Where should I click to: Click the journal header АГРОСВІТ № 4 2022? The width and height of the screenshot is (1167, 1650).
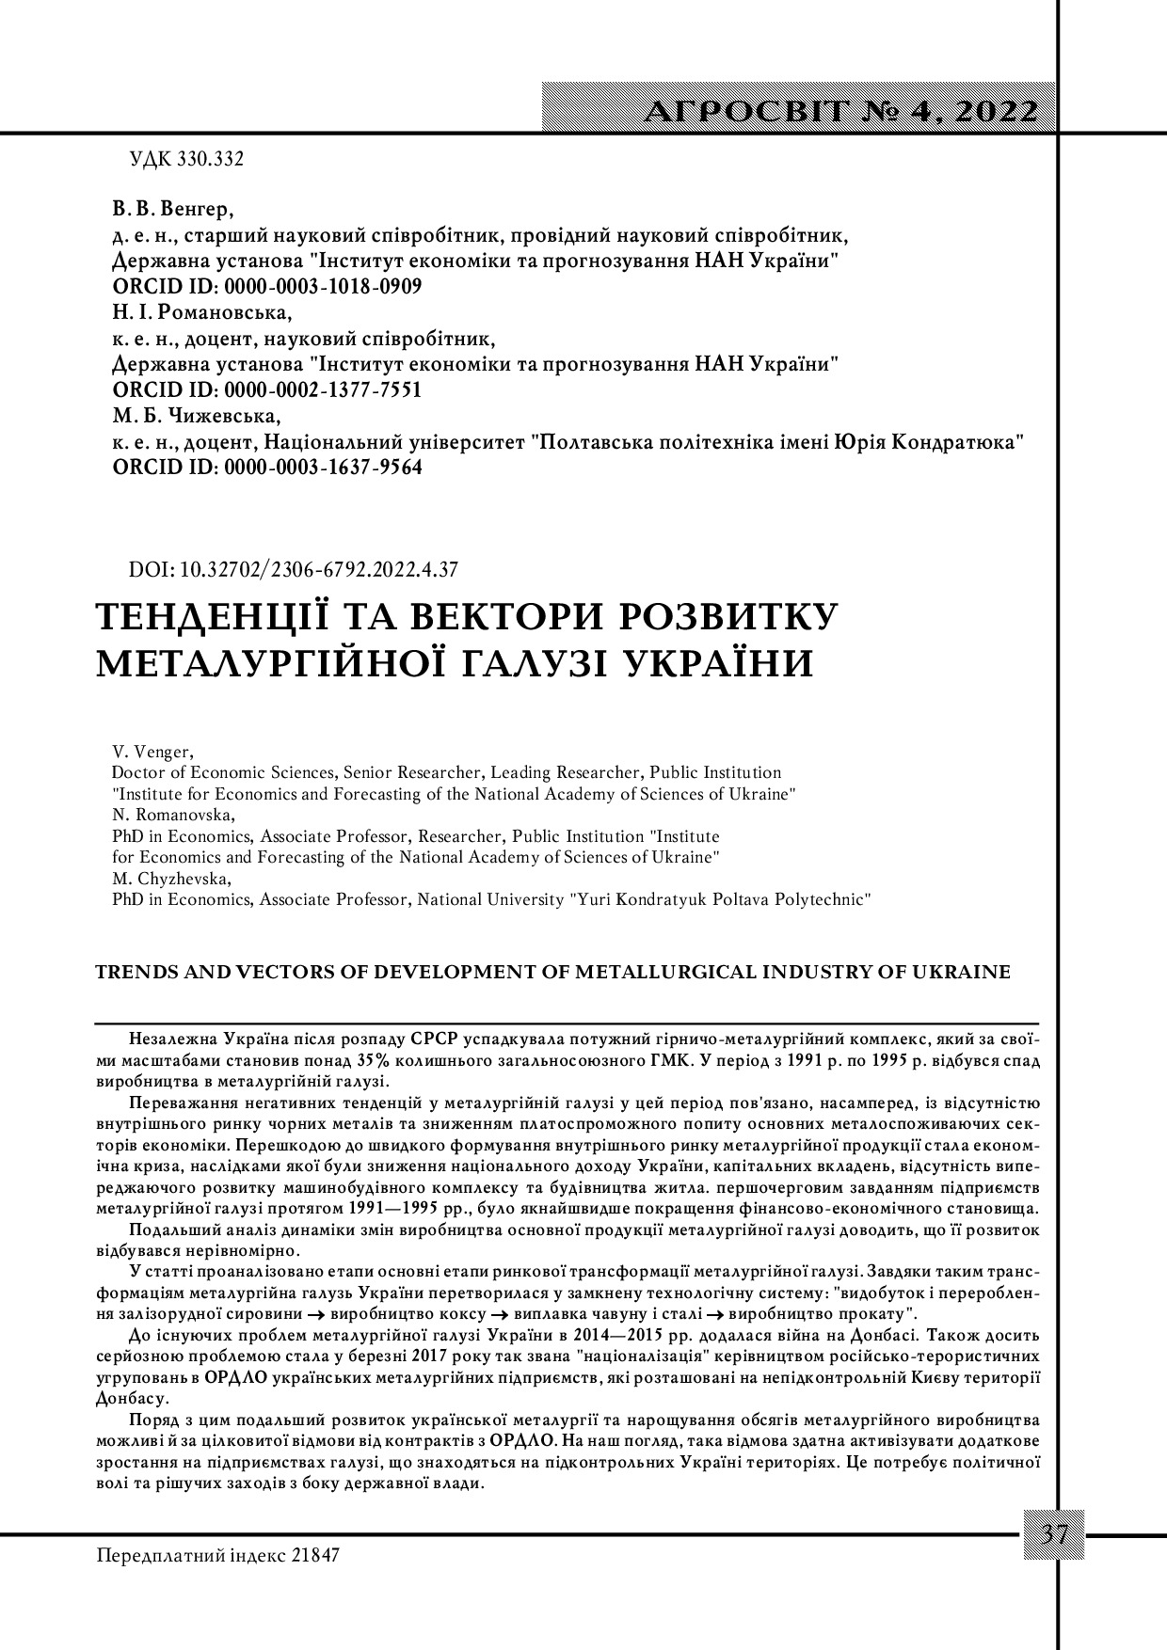click(841, 111)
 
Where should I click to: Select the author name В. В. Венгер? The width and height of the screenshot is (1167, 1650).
click(172, 208)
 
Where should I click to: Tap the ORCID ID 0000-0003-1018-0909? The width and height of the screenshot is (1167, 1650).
click(322, 287)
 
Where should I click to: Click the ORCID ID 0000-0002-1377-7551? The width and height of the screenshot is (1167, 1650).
click(322, 390)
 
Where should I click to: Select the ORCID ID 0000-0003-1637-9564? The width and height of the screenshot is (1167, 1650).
click(322, 468)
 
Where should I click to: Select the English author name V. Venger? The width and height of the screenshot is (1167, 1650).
click(152, 752)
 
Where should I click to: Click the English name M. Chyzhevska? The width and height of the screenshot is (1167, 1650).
click(170, 878)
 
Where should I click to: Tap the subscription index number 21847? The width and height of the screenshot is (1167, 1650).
click(314, 1555)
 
